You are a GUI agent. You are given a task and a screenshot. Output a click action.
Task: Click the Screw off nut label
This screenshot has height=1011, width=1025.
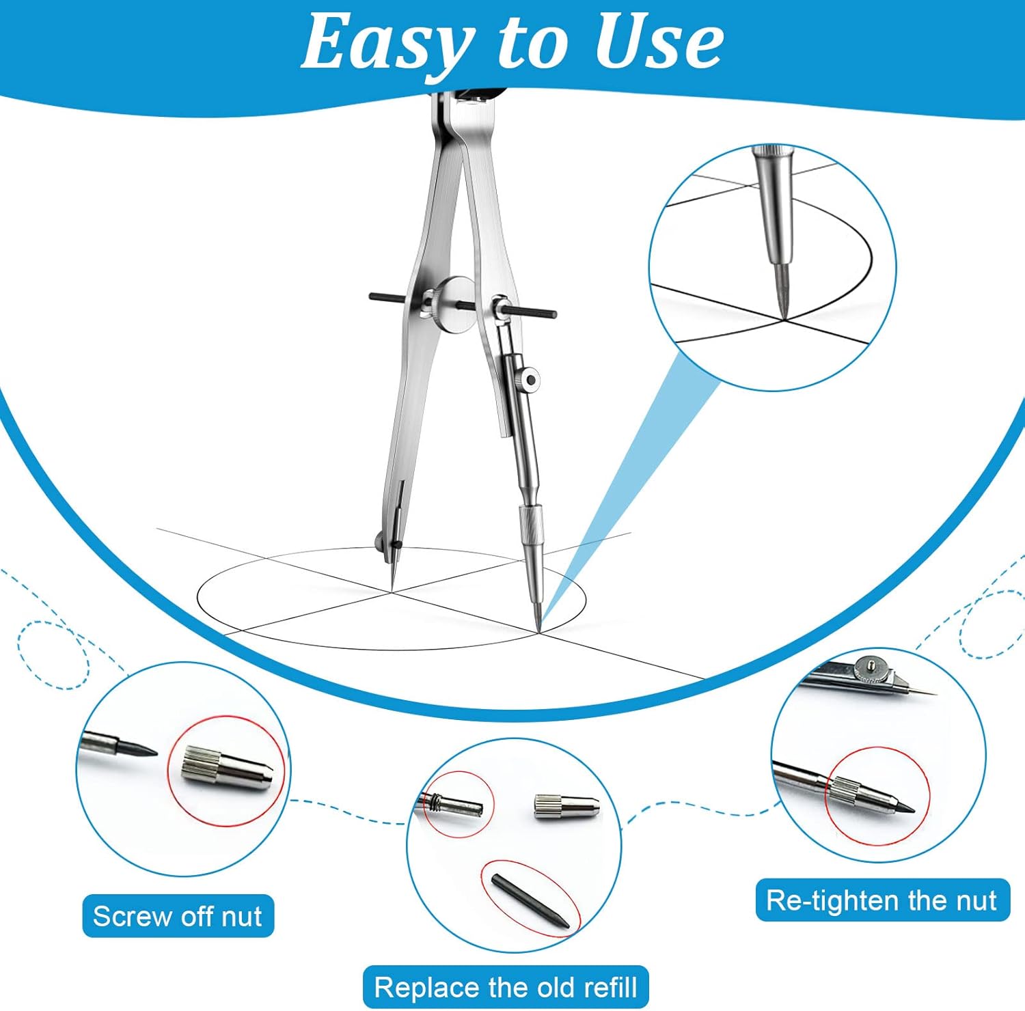(x=178, y=916)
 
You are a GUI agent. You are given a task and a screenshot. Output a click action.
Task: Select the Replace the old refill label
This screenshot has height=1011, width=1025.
(x=506, y=987)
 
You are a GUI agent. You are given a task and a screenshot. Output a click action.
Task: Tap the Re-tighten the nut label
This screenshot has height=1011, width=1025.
(x=882, y=900)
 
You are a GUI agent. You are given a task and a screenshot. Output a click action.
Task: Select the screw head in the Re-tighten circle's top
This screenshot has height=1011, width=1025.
(x=872, y=665)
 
